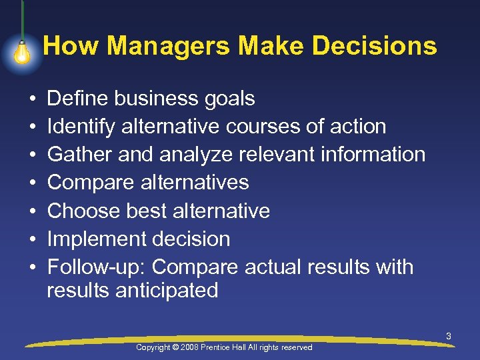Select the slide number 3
click(449, 337)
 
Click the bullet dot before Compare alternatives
click(31, 183)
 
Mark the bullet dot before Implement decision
click(31, 239)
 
